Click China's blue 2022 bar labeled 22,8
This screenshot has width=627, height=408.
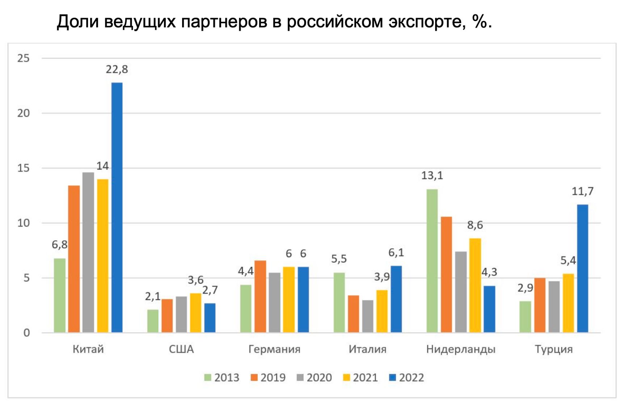[x=117, y=207]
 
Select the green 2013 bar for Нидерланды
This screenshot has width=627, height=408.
[x=432, y=261]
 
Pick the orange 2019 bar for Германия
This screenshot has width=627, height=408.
[x=260, y=296]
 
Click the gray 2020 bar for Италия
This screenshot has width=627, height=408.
[x=367, y=316]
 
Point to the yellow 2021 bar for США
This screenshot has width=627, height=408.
[x=195, y=313]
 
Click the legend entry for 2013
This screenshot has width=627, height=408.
[x=222, y=378]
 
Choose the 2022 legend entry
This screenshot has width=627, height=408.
[x=406, y=378]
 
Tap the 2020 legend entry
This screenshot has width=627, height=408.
[x=314, y=378]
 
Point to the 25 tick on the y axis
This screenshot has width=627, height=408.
[x=24, y=58]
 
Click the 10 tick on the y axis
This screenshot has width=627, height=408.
[x=24, y=223]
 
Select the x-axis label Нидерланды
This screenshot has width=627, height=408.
[x=460, y=349]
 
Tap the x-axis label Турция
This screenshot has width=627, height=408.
[x=554, y=349]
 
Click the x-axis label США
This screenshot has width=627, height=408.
[x=181, y=349]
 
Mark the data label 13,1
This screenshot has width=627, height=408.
[x=432, y=176]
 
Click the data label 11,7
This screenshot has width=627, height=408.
[x=582, y=191]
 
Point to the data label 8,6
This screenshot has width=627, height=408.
[x=475, y=225]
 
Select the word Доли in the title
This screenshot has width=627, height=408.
[x=78, y=22]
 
